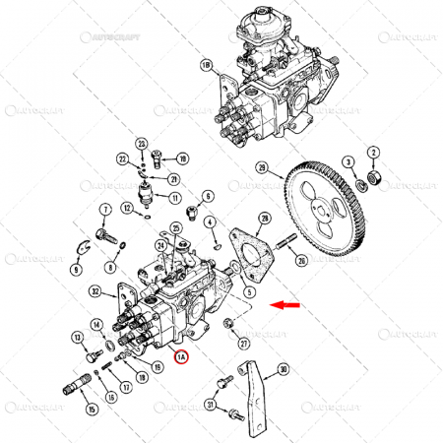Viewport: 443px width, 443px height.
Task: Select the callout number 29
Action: [262, 166]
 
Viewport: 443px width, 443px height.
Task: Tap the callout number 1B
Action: [206, 67]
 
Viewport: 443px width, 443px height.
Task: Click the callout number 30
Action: [283, 370]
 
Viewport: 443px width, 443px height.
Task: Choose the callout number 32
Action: [95, 290]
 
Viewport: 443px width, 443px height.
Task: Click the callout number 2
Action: [373, 152]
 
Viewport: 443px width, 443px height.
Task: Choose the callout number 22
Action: [122, 159]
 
